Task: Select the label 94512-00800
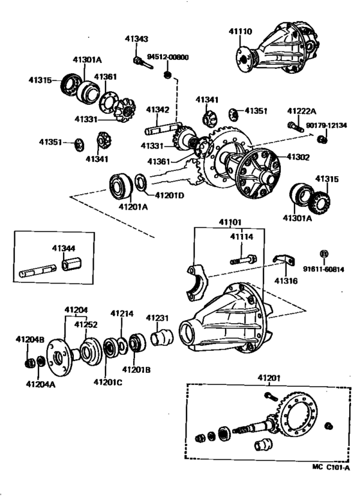[168, 57]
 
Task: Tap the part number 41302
[298, 156]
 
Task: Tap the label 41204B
[30, 339]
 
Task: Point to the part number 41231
[157, 317]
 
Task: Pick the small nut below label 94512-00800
[167, 75]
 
